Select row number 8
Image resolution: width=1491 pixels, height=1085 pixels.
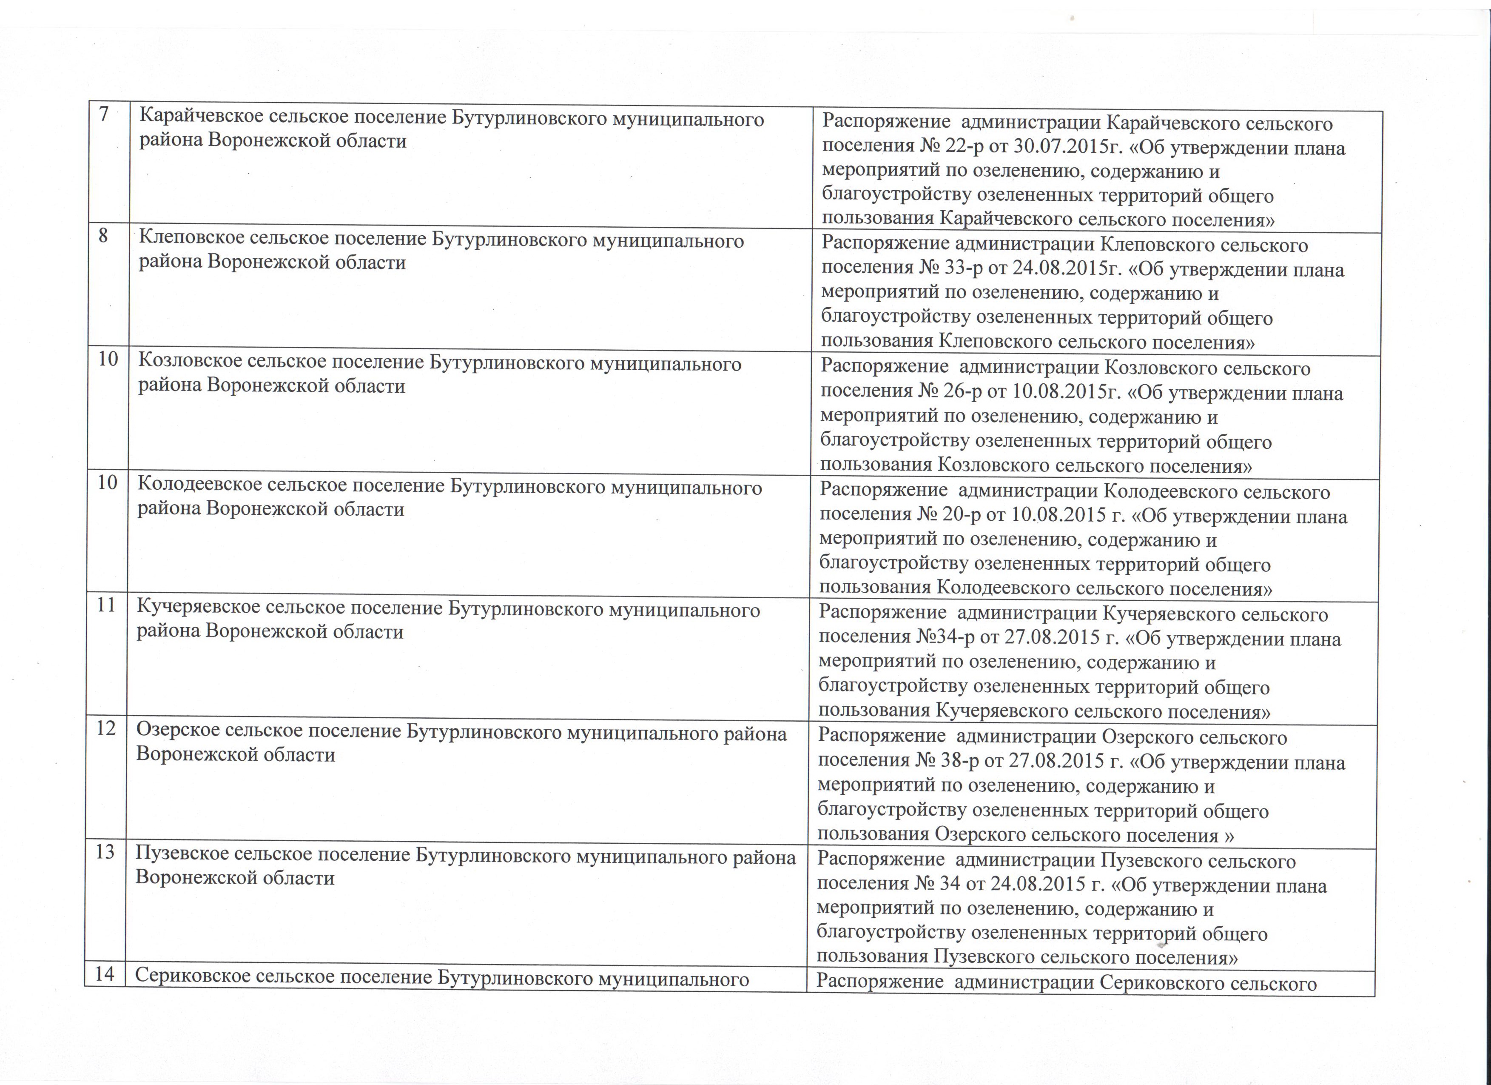coord(103,236)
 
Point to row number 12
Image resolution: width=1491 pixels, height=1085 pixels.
coord(106,728)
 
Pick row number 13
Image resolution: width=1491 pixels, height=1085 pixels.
coord(105,851)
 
